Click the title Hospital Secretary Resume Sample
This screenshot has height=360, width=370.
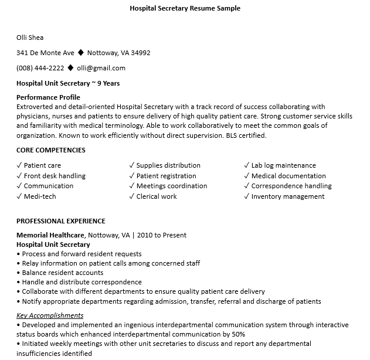[185, 8]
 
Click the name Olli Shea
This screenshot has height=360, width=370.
[30, 38]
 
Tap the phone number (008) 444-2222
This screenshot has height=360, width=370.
[40, 68]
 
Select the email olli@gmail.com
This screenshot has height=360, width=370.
[101, 68]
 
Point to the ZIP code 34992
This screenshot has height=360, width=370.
[141, 53]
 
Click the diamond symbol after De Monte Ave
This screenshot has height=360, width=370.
[80, 53]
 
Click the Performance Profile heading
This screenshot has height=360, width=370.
[48, 97]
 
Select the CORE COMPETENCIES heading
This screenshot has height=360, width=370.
[50, 150]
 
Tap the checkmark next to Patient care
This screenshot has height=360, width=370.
[19, 165]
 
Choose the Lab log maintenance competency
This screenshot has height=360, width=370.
[283, 165]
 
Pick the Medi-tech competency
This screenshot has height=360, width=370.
[40, 196]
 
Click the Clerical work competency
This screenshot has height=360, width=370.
[157, 196]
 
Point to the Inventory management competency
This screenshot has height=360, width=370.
[288, 196]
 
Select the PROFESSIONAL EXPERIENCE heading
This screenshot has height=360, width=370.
[61, 221]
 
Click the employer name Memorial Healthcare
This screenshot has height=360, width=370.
[50, 235]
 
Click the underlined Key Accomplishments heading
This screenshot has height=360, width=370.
[50, 315]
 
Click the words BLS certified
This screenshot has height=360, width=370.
[246, 135]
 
